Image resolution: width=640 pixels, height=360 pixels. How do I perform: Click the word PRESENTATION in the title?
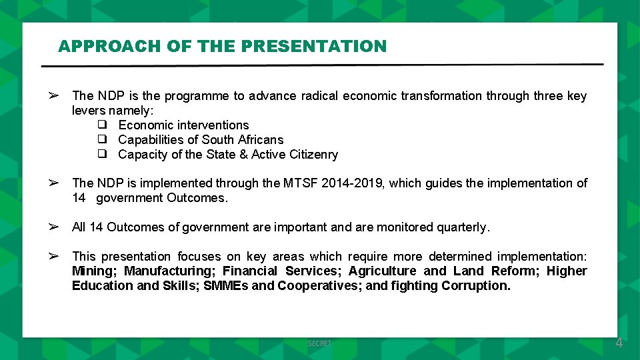pyautogui.click(x=313, y=46)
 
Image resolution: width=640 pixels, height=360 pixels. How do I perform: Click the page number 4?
pyautogui.click(x=619, y=343)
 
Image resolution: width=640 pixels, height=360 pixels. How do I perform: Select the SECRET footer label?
pyautogui.click(x=319, y=343)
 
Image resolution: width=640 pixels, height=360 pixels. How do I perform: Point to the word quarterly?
pyautogui.click(x=463, y=227)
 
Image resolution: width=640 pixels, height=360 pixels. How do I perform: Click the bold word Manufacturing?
pyautogui.click(x=169, y=271)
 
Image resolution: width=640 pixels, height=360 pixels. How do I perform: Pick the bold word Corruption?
pyautogui.click(x=475, y=285)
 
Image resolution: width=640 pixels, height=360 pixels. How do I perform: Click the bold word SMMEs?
pyautogui.click(x=226, y=285)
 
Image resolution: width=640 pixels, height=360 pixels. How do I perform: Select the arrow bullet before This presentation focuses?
pyautogui.click(x=54, y=256)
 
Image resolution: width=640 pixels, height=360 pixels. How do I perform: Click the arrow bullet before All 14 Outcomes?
pyautogui.click(x=54, y=227)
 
